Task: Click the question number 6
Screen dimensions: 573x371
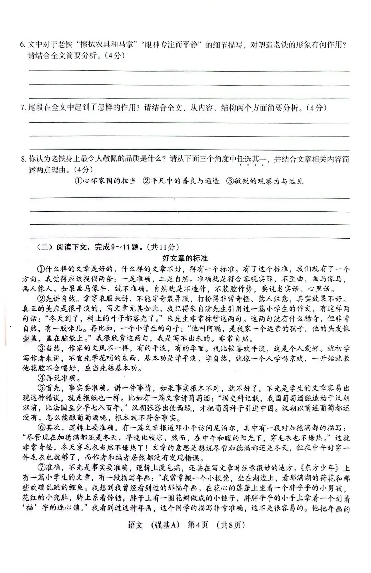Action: coord(22,45)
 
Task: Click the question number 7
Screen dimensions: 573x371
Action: coord(23,108)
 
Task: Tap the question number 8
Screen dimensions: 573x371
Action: coord(23,159)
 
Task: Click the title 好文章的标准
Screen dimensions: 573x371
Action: coord(185,258)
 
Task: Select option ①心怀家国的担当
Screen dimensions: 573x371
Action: coord(105,181)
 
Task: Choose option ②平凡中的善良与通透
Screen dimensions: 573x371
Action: coord(181,181)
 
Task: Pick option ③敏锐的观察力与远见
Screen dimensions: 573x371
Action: coord(265,181)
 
